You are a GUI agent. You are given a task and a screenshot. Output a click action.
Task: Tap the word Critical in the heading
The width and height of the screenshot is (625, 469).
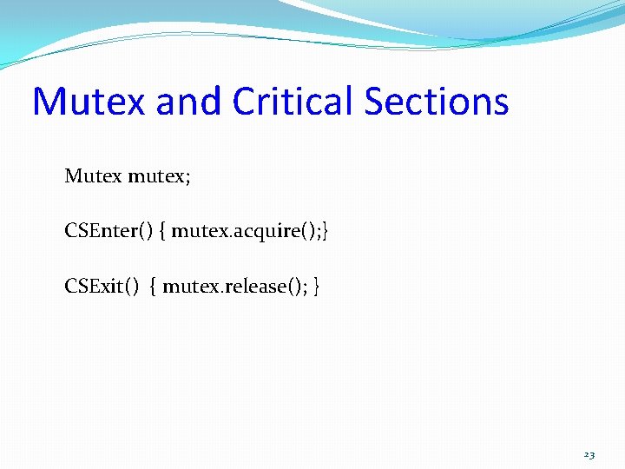(x=293, y=101)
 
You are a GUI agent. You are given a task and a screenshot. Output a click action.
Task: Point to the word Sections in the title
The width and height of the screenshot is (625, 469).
(x=437, y=101)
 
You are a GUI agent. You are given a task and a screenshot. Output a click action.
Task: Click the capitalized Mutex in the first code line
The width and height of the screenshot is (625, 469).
(x=93, y=177)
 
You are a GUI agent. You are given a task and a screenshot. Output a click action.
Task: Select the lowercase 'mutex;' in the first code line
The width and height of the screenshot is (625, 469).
(x=160, y=177)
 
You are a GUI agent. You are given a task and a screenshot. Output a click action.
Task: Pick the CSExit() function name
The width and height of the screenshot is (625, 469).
(x=102, y=286)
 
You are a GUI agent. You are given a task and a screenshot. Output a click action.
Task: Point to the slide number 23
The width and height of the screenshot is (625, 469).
(x=589, y=454)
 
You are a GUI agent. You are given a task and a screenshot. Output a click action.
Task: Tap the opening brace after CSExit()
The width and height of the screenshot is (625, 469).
(x=155, y=287)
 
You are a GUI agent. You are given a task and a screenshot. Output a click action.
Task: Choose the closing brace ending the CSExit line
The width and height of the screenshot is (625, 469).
(x=317, y=287)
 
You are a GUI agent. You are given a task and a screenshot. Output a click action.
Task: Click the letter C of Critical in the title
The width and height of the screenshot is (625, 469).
(x=246, y=101)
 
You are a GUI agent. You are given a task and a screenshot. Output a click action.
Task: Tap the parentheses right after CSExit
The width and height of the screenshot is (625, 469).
(x=132, y=286)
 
